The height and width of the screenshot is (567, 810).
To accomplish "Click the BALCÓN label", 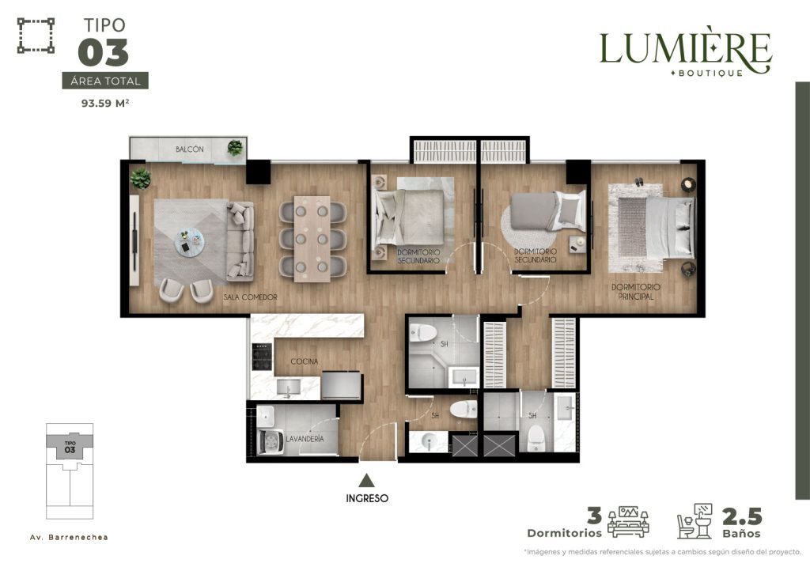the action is coord(190,149).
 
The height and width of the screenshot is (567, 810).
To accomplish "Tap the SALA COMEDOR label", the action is coord(251,297).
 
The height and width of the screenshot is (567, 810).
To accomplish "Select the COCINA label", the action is coord(305,361).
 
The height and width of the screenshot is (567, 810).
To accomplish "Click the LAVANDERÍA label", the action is coord(305,439).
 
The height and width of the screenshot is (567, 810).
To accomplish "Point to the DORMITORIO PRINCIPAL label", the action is coord(636,292).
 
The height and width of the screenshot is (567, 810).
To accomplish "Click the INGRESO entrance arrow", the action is coord(367,481).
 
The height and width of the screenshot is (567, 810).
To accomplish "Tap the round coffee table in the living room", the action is coord(190,242).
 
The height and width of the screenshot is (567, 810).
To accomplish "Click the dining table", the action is coord(312,239).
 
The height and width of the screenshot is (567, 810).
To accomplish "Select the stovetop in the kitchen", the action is coord(262,357).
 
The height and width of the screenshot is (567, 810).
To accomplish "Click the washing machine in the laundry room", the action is coord(271,442).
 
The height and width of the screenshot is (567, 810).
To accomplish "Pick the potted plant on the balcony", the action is coord(235,148).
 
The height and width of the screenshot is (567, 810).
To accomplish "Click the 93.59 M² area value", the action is coord(105,103).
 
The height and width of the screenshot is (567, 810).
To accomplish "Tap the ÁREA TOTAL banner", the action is coord(105,81).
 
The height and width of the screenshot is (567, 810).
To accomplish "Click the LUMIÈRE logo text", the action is coord(686,49).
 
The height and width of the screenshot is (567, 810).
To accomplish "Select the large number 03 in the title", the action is coord(104,53).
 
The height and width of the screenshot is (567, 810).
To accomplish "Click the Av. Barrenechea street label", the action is coord(70,537).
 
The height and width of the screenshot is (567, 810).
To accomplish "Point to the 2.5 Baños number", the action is coord(742,516).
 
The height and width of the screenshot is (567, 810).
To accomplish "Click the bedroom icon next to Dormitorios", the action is coord(628,522).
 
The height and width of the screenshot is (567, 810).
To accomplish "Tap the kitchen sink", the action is coord(288,387).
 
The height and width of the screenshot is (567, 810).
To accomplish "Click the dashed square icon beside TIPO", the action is coord(36,35).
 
